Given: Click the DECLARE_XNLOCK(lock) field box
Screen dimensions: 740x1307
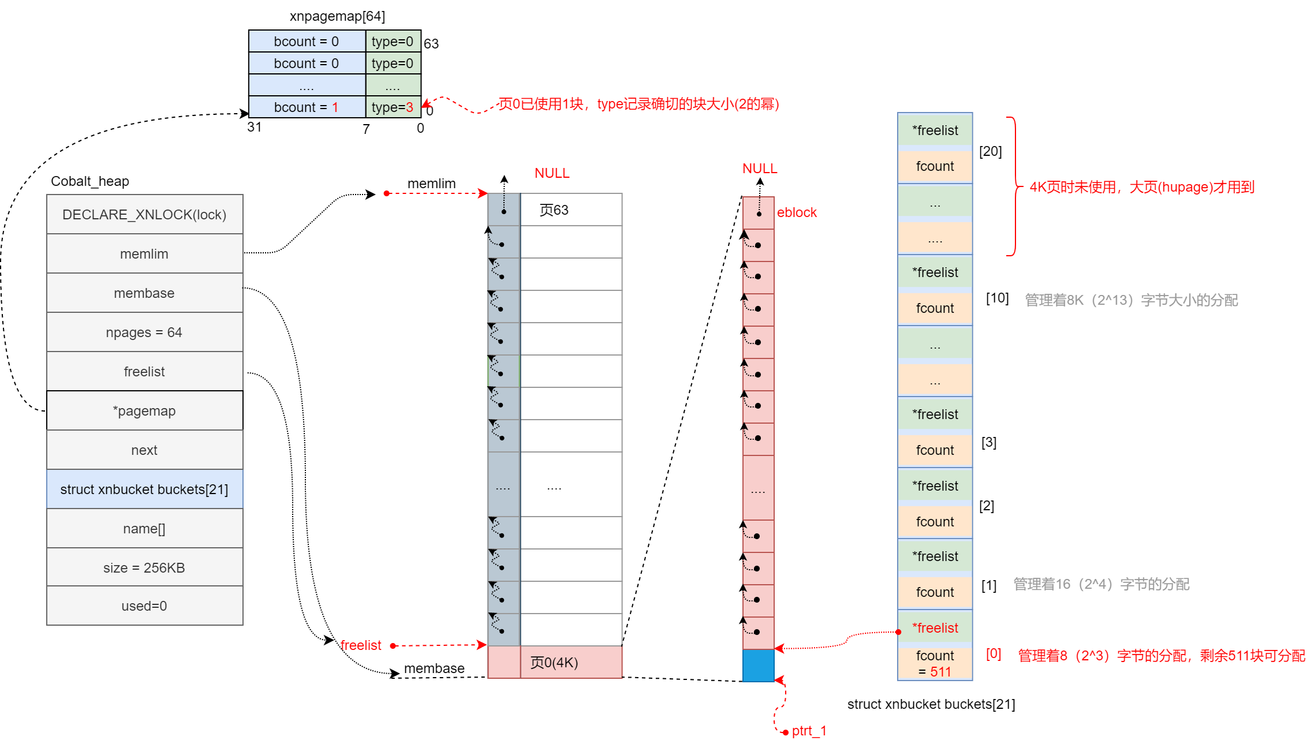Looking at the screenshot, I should [144, 215].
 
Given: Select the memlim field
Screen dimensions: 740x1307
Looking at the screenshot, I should [144, 254].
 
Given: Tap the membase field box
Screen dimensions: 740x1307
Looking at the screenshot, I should [144, 293].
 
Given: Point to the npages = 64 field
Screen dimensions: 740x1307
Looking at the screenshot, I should [144, 332].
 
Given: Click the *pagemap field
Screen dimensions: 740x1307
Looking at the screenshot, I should [144, 411].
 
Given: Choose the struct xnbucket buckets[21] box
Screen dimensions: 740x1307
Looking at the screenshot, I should [144, 489].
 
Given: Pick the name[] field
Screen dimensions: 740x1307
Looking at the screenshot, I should [144, 529].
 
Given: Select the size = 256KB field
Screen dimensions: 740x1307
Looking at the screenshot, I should [144, 568].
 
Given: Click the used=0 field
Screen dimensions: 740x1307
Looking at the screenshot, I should [144, 606].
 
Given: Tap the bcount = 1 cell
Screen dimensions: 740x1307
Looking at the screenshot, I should [307, 107].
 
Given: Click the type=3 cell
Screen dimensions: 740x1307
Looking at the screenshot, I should [393, 107].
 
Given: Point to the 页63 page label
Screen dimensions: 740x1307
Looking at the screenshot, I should [554, 210].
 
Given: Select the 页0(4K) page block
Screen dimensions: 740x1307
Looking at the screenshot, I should [554, 663].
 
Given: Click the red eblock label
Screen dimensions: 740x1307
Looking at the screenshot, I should [797, 212].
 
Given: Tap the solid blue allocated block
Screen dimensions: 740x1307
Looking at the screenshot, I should [758, 666].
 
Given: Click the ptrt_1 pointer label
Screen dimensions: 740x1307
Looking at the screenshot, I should [809, 731].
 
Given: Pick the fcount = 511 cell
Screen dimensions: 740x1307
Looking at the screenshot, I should [935, 664].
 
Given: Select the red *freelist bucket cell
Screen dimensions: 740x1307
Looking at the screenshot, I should [935, 628].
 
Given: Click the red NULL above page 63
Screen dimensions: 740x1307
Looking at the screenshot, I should [552, 173].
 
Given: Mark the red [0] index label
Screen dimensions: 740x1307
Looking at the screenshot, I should [994, 654].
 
